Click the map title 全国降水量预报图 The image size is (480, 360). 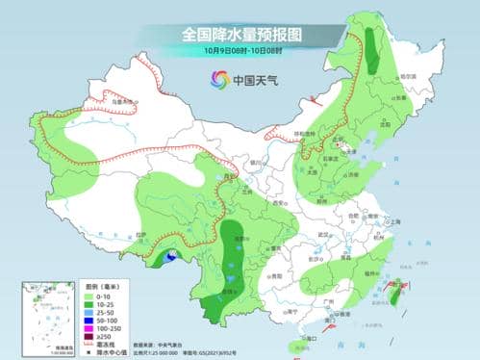point(240,34)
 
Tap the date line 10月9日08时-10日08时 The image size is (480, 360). point(240,50)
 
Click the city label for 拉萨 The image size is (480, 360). point(143,235)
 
